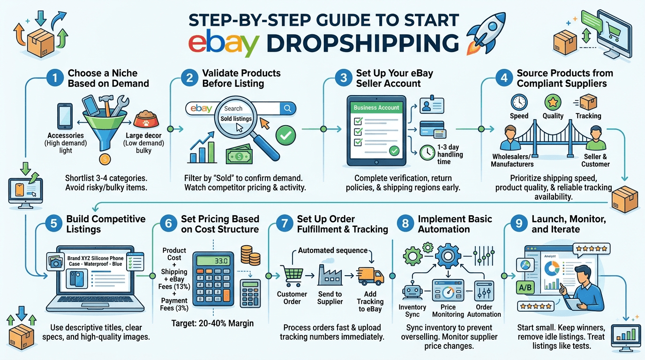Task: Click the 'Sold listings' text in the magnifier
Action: click(236, 119)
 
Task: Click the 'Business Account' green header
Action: click(376, 107)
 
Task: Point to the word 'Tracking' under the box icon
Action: click(588, 116)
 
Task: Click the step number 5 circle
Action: click(54, 224)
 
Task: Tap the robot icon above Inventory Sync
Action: click(412, 291)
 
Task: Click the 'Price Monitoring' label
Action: click(448, 311)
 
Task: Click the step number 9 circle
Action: click(518, 224)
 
